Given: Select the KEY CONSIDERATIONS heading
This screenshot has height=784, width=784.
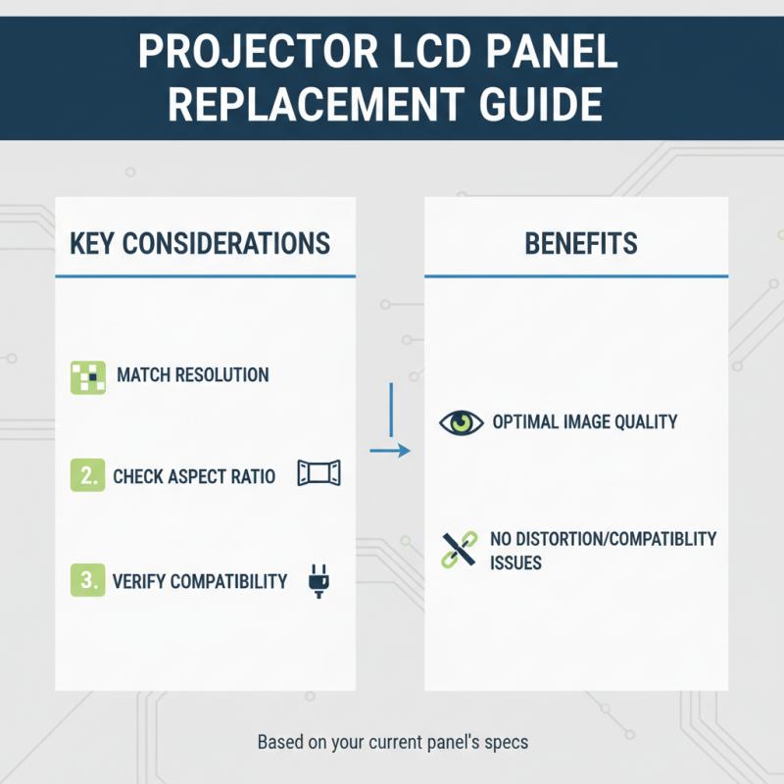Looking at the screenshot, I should [200, 243].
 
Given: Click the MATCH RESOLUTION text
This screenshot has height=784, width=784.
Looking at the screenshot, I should [192, 375].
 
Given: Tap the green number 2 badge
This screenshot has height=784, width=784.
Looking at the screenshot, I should [87, 476].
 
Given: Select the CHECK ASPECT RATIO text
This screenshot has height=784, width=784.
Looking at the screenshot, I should [194, 477].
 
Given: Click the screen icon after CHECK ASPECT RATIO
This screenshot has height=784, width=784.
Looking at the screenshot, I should [318, 474].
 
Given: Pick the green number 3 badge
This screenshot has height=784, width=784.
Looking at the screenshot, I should [87, 580].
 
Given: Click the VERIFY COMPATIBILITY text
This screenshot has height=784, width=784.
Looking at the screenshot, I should [200, 581].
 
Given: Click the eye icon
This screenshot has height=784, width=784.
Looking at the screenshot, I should [461, 422].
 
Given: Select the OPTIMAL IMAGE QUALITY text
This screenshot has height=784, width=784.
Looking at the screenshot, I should [585, 422].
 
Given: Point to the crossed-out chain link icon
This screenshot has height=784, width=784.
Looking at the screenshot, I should [456, 550].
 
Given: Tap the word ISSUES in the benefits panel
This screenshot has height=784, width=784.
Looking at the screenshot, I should [516, 563].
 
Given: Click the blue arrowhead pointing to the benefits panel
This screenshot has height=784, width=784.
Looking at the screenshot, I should [403, 451].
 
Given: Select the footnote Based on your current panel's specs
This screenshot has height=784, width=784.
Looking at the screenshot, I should [392, 742].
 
